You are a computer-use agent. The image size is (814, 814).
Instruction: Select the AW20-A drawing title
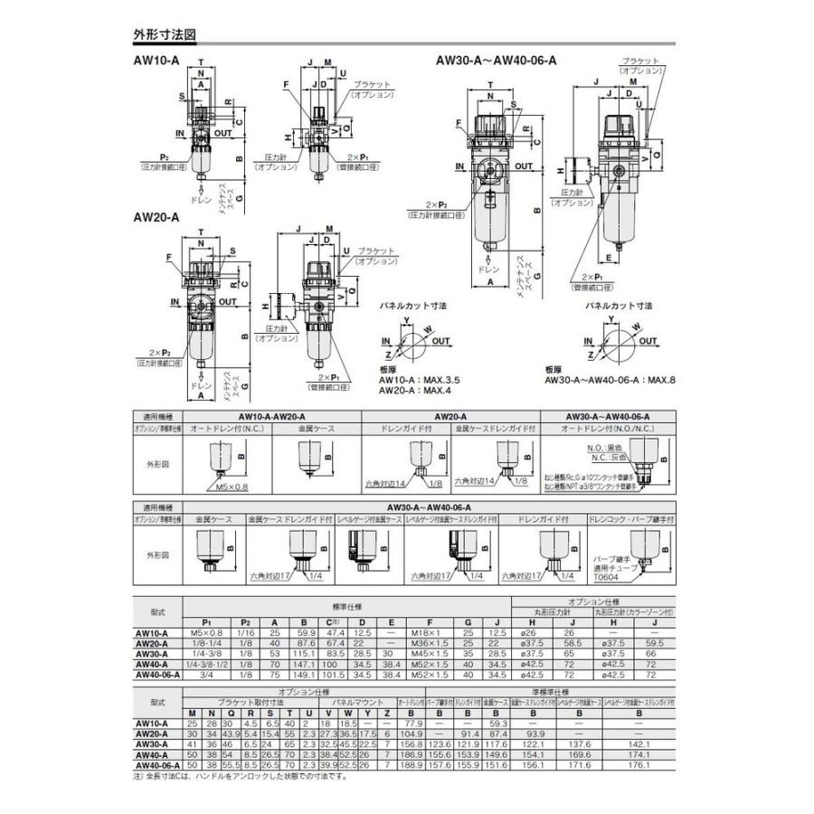(156, 217)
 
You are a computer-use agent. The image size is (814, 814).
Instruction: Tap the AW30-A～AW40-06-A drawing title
(496, 61)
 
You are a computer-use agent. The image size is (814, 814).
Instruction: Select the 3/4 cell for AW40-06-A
(206, 673)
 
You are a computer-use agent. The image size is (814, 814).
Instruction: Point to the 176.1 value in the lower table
(639, 763)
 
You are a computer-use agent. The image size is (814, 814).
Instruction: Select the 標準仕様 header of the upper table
(347, 606)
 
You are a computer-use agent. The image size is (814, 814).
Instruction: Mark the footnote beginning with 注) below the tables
(240, 775)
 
